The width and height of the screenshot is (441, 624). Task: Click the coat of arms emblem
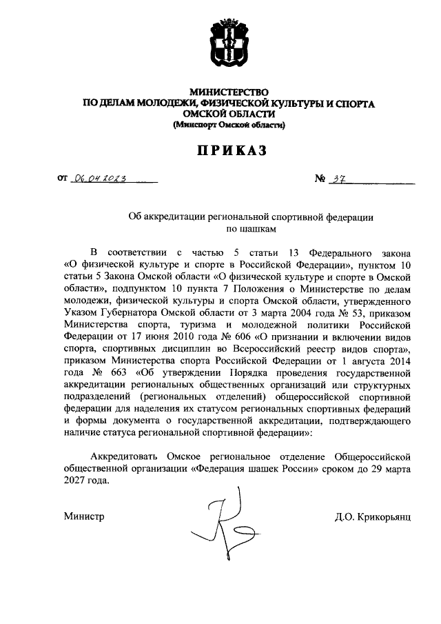(228, 45)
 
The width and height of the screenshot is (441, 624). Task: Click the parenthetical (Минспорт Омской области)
(228, 125)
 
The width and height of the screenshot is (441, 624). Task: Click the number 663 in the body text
(114, 374)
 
